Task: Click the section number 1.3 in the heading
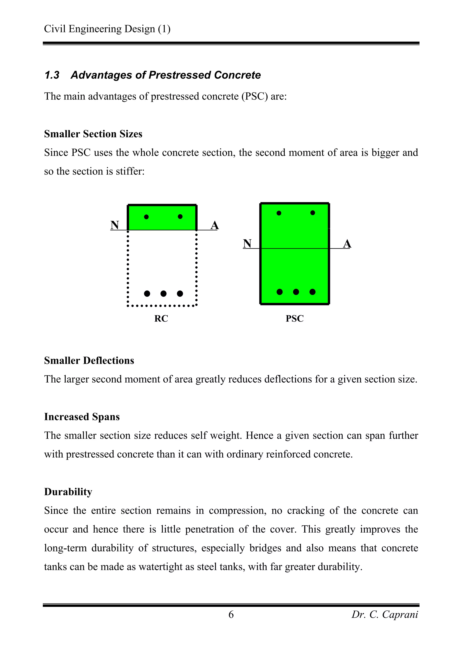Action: [52, 75]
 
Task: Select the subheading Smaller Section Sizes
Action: [93, 134]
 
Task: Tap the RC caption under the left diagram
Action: [161, 318]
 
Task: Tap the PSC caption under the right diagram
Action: [295, 318]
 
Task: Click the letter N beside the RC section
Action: [115, 225]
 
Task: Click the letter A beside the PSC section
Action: [347, 244]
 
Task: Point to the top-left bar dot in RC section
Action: [146, 217]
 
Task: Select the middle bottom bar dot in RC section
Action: [163, 293]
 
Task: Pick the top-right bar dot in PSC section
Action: [313, 213]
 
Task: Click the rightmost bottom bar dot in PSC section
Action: [312, 292]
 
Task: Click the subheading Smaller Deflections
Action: [89, 361]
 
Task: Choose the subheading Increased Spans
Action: [82, 417]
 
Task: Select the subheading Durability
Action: [68, 492]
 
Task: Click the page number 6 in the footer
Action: [231, 615]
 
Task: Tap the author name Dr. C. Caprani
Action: [385, 615]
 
